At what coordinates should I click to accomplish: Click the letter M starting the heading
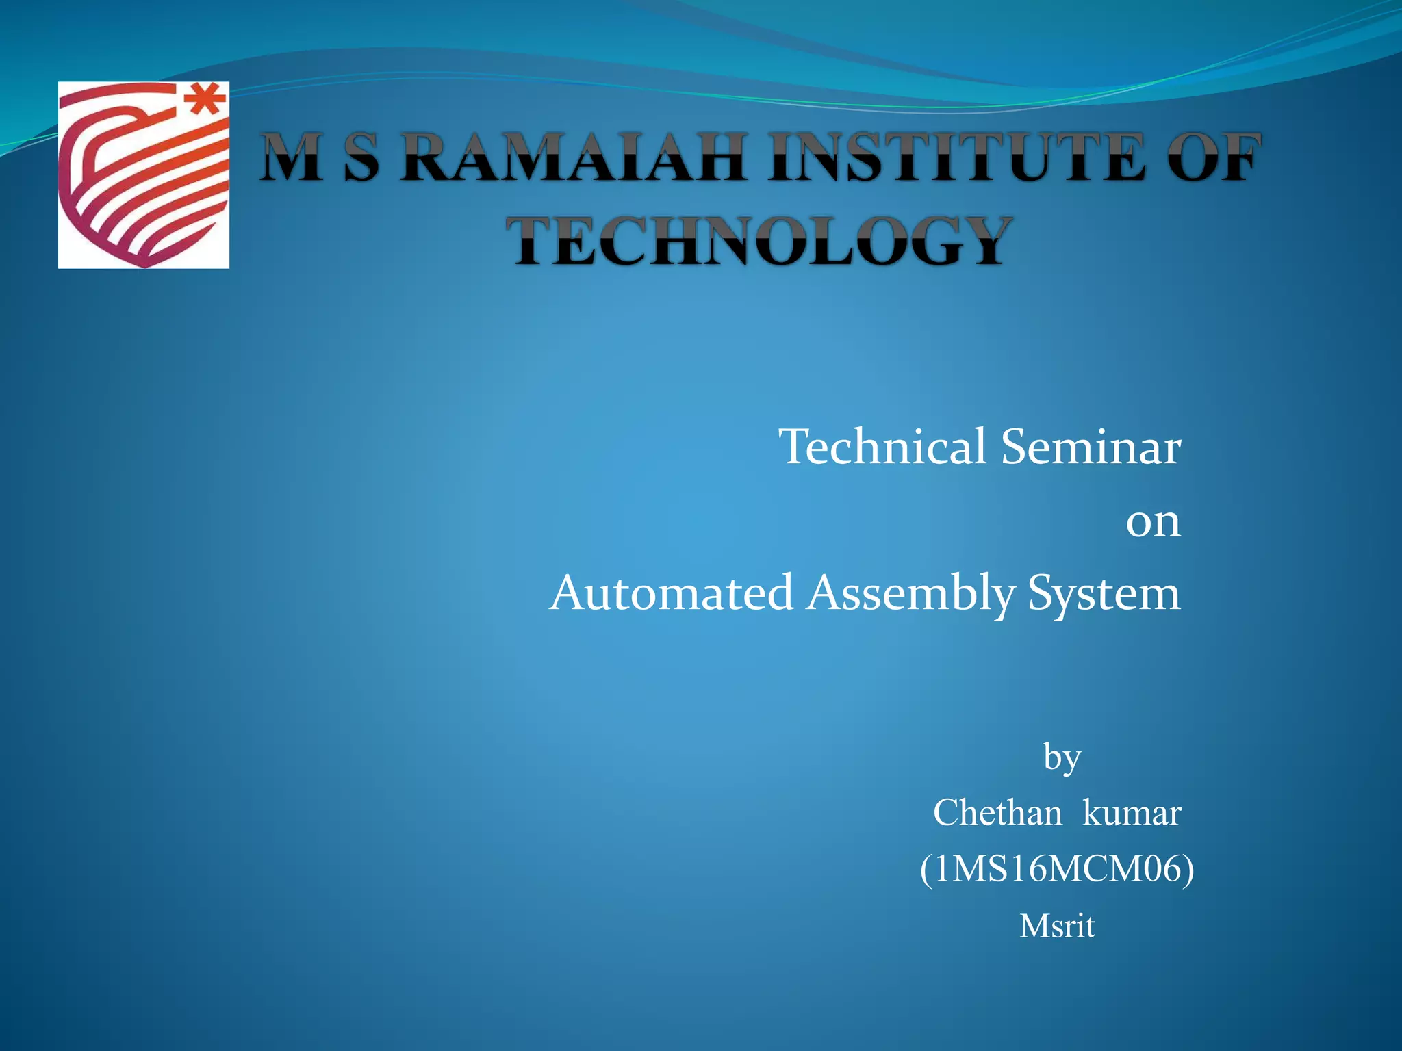click(x=291, y=158)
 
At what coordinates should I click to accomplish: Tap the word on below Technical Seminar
click(x=1153, y=522)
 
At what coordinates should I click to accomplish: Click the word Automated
click(x=671, y=593)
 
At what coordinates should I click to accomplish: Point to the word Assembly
click(x=910, y=593)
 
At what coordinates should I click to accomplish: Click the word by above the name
click(x=1062, y=758)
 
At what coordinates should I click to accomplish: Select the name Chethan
click(x=997, y=813)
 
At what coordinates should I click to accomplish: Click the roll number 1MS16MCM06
click(x=1056, y=870)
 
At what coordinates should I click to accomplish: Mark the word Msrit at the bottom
click(x=1057, y=926)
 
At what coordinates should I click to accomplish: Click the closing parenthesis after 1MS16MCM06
click(x=1188, y=870)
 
